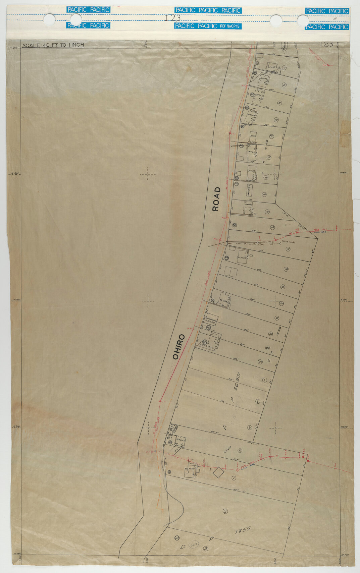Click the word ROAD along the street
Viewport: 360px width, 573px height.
216,199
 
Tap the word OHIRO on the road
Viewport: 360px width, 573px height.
178,347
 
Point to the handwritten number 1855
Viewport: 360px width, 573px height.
243,530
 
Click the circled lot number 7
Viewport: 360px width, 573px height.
284,67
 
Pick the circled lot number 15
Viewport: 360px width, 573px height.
267,212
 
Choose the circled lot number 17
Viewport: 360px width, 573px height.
288,249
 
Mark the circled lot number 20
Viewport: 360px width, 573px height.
281,303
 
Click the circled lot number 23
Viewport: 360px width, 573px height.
267,347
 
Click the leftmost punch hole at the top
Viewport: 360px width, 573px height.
49,19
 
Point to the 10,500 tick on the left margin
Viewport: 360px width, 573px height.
14,173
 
